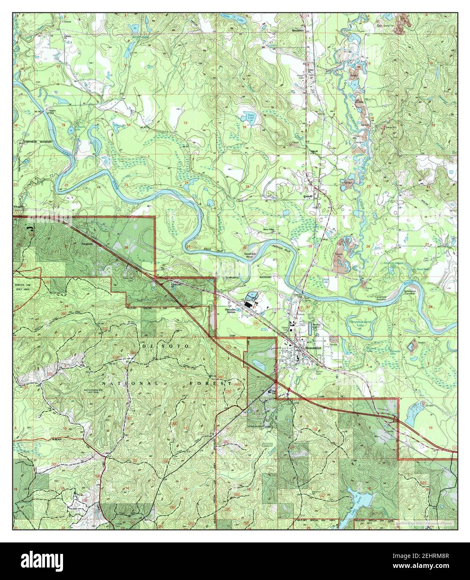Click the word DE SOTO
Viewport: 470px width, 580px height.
point(165,347)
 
